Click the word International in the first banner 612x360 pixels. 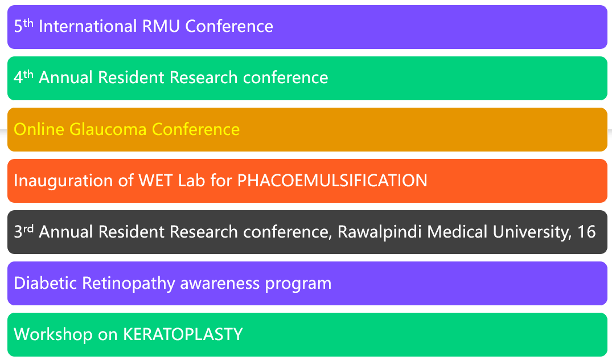click(88, 27)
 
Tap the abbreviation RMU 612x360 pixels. click(161, 27)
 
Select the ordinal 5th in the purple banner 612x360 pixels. click(23, 26)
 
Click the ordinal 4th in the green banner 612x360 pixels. click(23, 76)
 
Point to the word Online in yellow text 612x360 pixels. click(39, 129)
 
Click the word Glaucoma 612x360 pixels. click(108, 129)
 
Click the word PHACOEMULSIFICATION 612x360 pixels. click(332, 181)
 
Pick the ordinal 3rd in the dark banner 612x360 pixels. click(23, 231)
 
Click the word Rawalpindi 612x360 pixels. click(379, 232)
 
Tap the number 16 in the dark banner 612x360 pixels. click(586, 232)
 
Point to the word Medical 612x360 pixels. click(457, 232)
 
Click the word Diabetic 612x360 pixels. click(45, 283)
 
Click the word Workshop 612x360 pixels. click(53, 335)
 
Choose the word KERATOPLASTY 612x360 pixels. click(183, 334)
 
